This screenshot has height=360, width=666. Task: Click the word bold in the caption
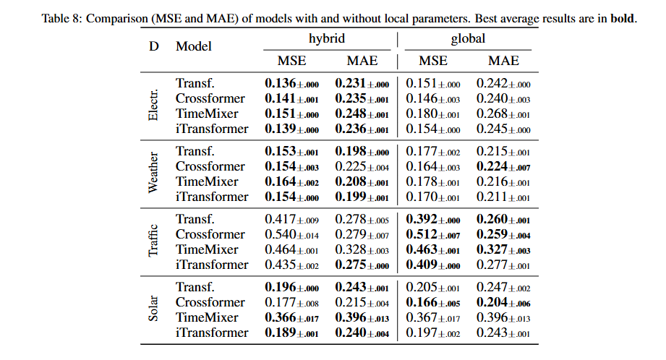(x=622, y=18)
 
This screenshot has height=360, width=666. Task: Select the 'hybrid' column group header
(x=326, y=39)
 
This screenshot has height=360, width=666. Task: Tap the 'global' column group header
(x=467, y=39)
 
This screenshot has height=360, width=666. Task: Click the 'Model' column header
(x=194, y=46)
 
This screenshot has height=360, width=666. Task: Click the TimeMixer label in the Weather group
(x=207, y=181)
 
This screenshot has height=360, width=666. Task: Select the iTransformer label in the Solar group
(x=212, y=333)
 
